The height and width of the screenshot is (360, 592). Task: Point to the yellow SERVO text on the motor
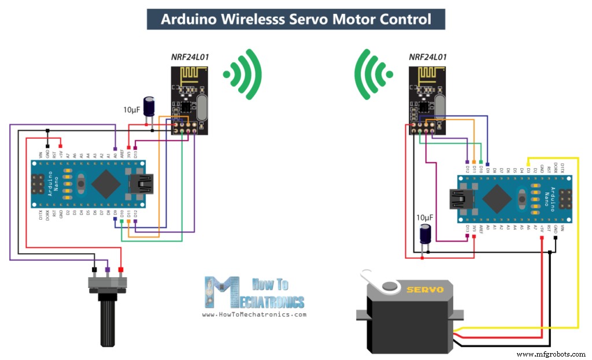(x=424, y=289)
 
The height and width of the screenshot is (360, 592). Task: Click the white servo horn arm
(x=382, y=283)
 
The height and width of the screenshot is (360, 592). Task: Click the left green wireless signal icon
(x=243, y=74)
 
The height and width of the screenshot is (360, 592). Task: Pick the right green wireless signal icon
(x=373, y=73)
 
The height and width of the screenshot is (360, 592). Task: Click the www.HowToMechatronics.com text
(x=254, y=315)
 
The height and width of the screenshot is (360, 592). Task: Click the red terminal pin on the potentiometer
(x=121, y=270)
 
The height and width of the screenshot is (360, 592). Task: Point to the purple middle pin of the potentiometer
(x=107, y=270)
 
